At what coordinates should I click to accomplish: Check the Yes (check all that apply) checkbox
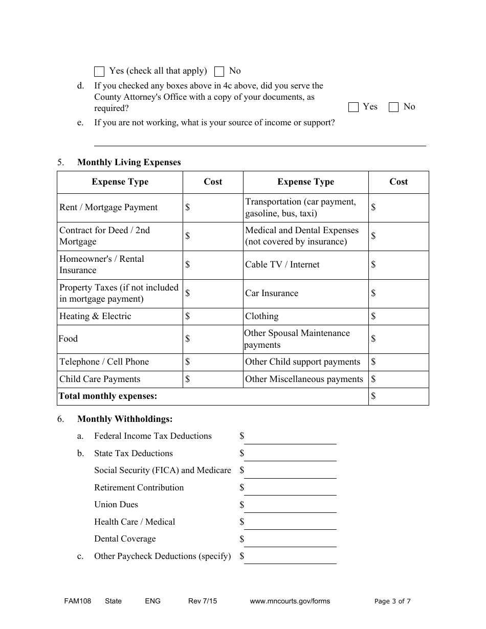[99, 72]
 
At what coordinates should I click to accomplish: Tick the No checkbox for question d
[393, 107]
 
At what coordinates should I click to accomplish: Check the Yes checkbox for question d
[353, 107]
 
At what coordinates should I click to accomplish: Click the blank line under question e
[260, 141]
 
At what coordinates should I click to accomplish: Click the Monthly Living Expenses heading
[129, 163]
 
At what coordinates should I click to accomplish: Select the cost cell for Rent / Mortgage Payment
[213, 208]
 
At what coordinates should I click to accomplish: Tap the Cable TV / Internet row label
[282, 265]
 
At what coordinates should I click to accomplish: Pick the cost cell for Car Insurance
[399, 294]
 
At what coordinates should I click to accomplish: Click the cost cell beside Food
[213, 339]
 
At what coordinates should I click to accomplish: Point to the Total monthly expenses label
[108, 396]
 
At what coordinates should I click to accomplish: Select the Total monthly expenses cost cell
[399, 396]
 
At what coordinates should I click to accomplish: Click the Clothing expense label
[262, 317]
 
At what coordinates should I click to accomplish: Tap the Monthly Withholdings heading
[125, 419]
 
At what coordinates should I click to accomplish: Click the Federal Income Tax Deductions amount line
[290, 438]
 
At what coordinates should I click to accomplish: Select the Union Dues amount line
[290, 506]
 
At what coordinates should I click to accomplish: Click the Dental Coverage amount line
[290, 541]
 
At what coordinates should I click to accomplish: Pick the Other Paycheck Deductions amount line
[290, 557]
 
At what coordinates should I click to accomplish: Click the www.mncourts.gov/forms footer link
[290, 601]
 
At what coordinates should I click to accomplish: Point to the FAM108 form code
[74, 601]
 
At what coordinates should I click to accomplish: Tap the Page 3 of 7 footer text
[392, 601]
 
